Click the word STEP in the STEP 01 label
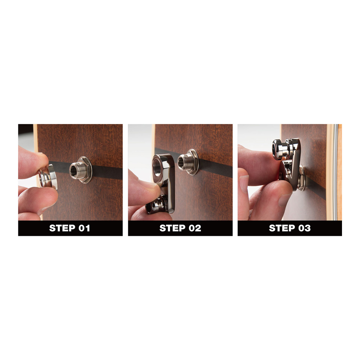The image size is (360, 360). pyautogui.click(x=62, y=228)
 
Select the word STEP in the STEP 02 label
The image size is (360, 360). pyautogui.click(x=172, y=228)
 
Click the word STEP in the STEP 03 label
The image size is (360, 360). pyautogui.click(x=282, y=228)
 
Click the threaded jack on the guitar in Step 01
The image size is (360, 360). pyautogui.click(x=78, y=170)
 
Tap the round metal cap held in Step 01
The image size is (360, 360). pyautogui.click(x=48, y=176)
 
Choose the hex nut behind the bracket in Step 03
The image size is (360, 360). pyautogui.click(x=302, y=178)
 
